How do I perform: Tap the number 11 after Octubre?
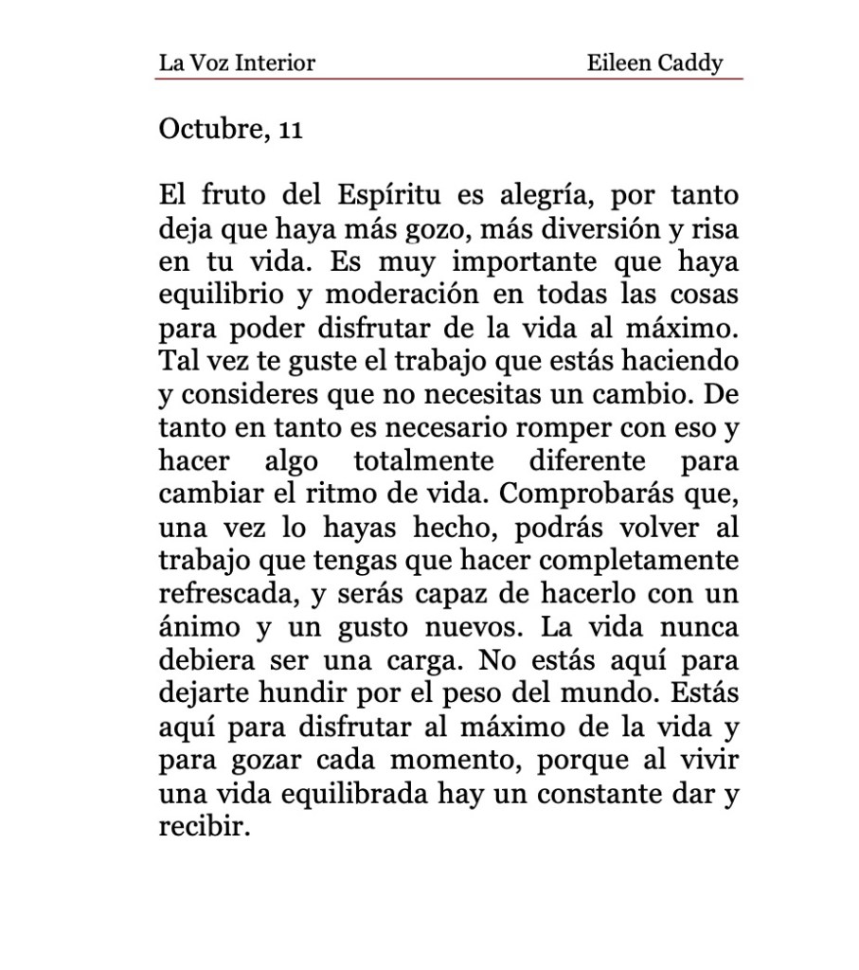[x=290, y=130]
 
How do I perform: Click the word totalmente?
[x=425, y=462]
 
